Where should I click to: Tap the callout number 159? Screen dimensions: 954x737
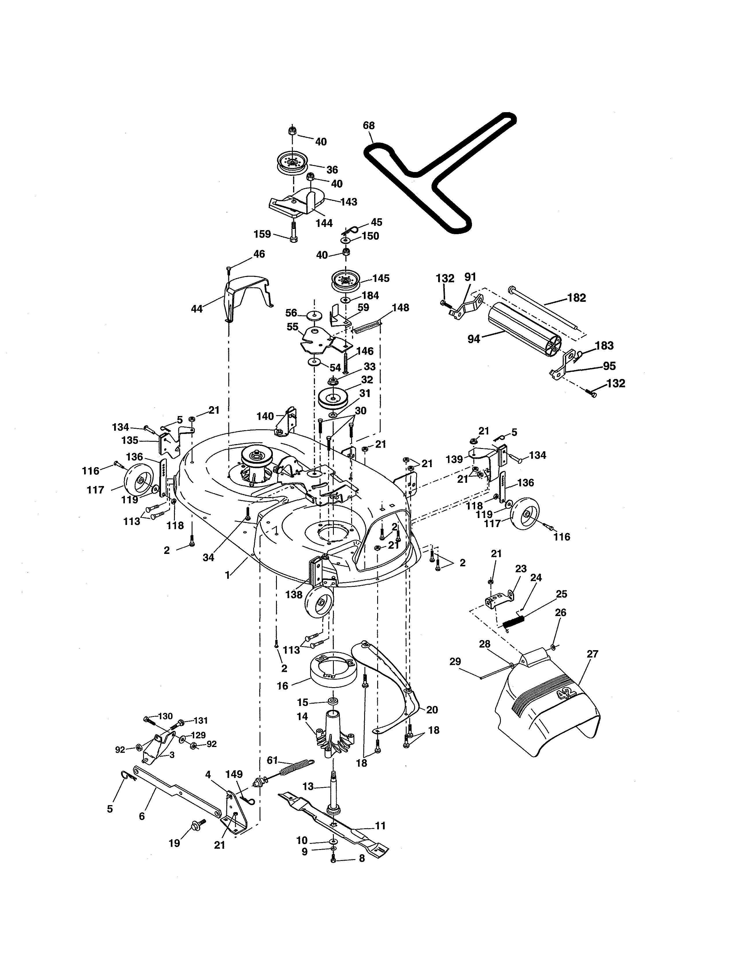[262, 234]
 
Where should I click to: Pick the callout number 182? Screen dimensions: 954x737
[576, 298]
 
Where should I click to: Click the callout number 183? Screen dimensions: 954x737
[604, 345]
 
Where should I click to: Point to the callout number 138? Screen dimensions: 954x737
[294, 594]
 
